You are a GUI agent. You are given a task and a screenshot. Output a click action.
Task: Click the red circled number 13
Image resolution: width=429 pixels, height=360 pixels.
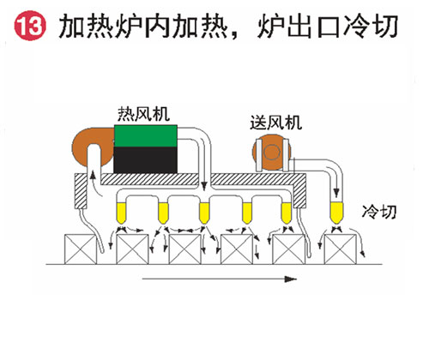(x=30, y=26)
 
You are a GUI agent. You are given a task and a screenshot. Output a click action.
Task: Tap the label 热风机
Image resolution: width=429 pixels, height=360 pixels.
(x=144, y=114)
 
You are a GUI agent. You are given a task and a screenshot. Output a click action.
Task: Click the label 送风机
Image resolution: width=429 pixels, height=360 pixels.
(x=276, y=123)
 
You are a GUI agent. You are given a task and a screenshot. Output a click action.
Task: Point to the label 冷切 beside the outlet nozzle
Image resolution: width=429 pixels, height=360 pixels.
(x=379, y=212)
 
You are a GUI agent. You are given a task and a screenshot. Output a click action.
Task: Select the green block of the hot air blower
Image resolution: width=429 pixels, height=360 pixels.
(x=146, y=136)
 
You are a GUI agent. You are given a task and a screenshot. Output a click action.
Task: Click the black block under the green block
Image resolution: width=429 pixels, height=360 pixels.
(x=145, y=160)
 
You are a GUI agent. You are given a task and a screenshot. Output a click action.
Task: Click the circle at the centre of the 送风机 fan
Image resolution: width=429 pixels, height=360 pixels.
(x=271, y=153)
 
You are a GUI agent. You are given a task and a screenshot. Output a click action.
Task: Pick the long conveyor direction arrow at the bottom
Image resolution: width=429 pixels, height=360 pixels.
(x=220, y=279)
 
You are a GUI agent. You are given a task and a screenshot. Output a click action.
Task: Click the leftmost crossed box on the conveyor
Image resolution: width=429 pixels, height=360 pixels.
(x=81, y=249)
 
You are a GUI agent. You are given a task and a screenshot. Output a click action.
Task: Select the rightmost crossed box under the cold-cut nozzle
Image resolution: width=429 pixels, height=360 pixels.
(x=341, y=249)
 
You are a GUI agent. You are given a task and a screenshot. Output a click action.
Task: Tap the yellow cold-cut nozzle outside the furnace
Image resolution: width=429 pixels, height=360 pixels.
(x=336, y=213)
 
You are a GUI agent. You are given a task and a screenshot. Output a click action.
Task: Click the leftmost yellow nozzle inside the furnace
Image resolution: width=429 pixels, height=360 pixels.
(x=121, y=213)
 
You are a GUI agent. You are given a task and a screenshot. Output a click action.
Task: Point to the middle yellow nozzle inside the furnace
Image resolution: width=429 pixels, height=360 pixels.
(x=204, y=213)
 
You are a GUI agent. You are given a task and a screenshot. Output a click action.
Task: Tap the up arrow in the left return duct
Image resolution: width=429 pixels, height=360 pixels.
(x=93, y=177)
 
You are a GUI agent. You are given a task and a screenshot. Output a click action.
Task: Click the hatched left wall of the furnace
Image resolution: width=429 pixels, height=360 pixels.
(x=81, y=190)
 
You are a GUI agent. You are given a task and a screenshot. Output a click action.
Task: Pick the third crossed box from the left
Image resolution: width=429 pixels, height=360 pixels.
(x=185, y=249)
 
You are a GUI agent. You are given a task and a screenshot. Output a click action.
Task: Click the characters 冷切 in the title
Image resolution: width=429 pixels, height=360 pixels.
(x=371, y=27)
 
